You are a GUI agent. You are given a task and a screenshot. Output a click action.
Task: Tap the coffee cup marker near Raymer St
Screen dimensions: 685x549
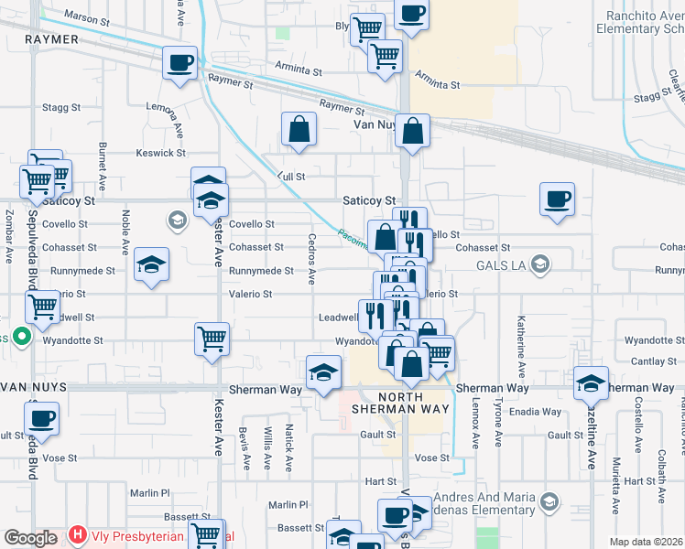(x=179, y=64)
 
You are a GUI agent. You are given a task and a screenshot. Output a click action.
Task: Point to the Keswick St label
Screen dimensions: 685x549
(x=161, y=153)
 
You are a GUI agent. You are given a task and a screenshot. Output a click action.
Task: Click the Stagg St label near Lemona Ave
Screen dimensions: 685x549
(x=62, y=108)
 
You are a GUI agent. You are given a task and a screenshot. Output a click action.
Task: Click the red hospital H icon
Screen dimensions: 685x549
(x=78, y=535)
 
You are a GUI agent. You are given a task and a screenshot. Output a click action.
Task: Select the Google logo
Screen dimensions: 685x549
(x=30, y=538)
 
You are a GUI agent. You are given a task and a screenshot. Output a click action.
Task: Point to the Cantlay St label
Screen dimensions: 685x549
(x=653, y=362)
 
